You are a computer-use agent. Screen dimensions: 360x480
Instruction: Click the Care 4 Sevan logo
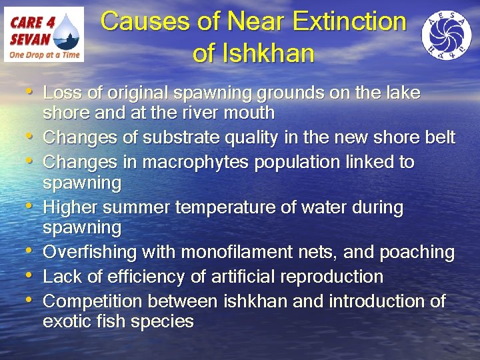tap(44, 34)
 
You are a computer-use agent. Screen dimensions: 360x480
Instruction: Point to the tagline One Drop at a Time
tap(43, 54)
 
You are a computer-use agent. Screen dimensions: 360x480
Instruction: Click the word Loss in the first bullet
tap(61, 93)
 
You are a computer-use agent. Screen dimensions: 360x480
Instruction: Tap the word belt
tap(441, 137)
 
